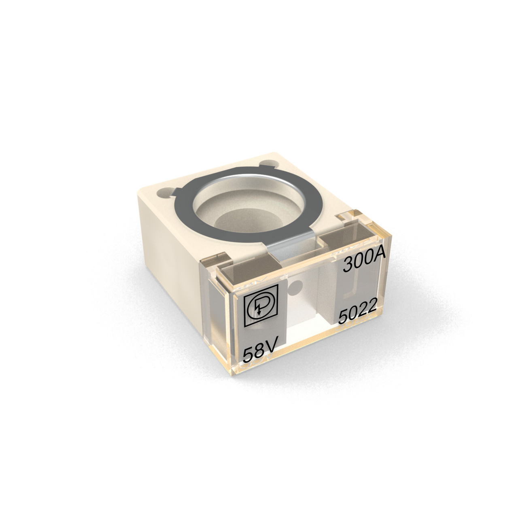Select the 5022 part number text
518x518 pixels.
(x=358, y=314)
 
